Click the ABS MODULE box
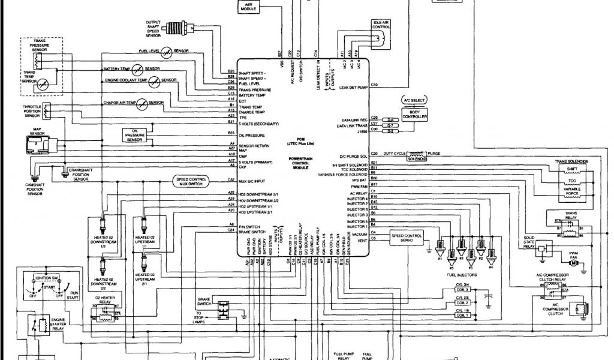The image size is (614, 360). [x=245, y=8]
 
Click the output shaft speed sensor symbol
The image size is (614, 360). [x=176, y=28]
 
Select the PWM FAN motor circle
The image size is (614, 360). [x=573, y=263]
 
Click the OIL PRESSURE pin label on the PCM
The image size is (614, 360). [x=252, y=136]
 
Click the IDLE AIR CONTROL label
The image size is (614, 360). [x=381, y=24]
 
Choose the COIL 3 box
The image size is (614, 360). [x=462, y=289]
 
